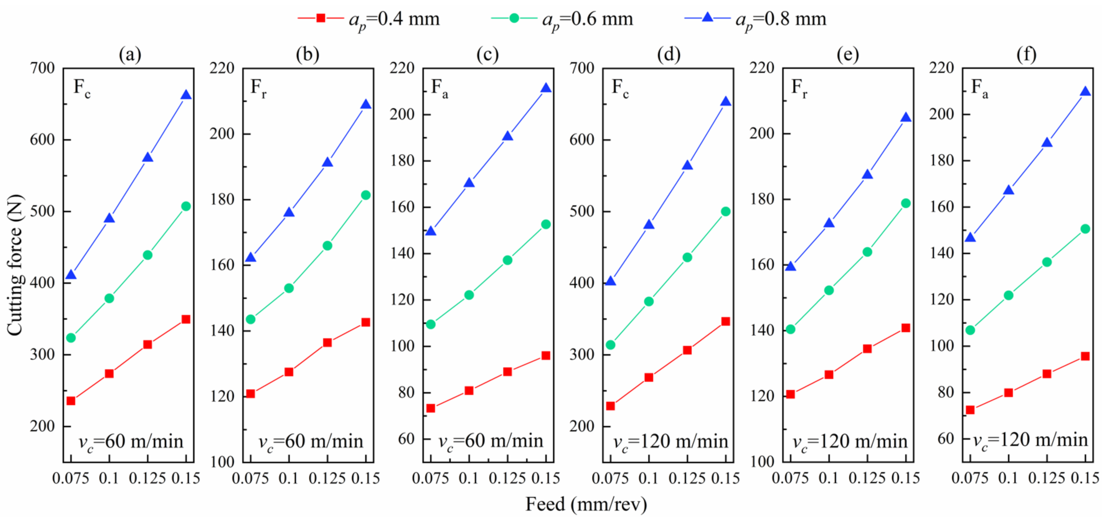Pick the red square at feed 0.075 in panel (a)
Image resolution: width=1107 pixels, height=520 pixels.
tap(71, 401)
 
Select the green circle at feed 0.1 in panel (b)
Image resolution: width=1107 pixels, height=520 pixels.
tap(289, 288)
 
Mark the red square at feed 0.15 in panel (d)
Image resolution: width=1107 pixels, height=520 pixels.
tap(726, 321)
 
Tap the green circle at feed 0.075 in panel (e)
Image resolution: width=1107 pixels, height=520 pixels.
tap(790, 329)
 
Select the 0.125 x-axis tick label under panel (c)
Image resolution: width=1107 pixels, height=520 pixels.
tap(508, 478)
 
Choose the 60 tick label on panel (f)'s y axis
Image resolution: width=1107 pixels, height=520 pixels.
tap(945, 438)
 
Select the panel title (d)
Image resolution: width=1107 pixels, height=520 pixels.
tap(669, 55)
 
